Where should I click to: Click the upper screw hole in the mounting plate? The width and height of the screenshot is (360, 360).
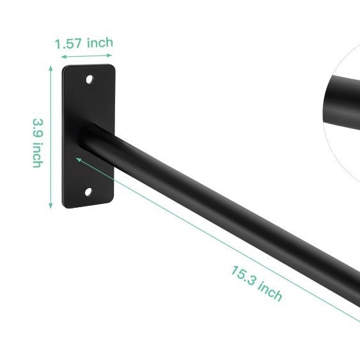90,79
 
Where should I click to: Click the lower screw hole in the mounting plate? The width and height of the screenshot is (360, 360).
89,192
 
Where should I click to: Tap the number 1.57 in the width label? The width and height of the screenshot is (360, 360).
68,43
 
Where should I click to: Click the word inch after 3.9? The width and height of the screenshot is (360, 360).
38,155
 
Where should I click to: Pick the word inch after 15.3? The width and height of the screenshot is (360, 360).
270,291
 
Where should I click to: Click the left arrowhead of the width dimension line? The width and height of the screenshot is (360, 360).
64,57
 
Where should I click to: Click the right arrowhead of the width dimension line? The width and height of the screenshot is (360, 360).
109,55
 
